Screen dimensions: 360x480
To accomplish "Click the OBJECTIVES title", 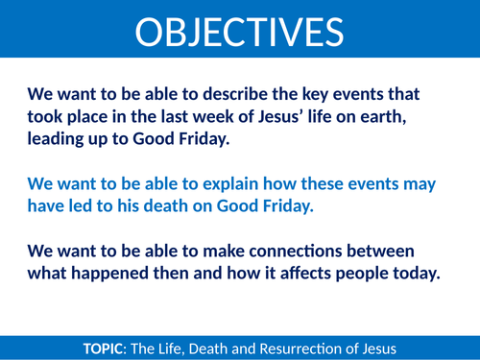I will [x=239, y=33].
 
